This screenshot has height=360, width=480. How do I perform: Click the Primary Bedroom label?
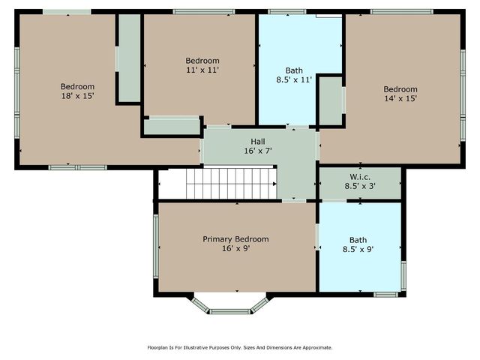(x=235, y=239)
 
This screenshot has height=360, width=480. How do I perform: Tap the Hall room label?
(x=258, y=142)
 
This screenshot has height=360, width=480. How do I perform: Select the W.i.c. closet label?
(x=360, y=177)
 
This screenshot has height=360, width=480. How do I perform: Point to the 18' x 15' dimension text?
(x=77, y=96)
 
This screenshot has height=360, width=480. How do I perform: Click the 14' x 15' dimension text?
(x=400, y=98)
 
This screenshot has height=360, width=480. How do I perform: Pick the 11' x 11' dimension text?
(x=202, y=70)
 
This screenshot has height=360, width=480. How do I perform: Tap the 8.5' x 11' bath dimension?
(x=294, y=79)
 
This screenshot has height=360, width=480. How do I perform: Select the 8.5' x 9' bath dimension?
(x=358, y=249)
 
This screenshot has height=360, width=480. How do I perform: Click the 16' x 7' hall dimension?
(x=258, y=151)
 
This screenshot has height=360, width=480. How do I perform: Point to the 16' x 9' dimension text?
(x=236, y=248)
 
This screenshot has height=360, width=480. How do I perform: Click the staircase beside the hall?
(x=232, y=183)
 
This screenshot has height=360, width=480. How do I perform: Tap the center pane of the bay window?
(x=230, y=312)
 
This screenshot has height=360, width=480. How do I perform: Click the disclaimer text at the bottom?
(x=240, y=347)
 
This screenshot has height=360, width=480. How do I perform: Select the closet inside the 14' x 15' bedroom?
(x=331, y=100)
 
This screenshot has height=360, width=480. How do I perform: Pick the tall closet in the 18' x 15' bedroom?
(x=129, y=58)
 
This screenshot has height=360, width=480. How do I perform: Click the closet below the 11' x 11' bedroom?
(x=172, y=127)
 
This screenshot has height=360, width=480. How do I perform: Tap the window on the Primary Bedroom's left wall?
(x=156, y=246)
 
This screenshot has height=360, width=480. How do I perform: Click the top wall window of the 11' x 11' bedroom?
(x=204, y=12)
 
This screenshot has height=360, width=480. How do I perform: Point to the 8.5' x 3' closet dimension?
(x=360, y=186)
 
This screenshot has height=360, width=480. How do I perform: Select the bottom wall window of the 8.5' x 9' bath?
(x=385, y=295)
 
